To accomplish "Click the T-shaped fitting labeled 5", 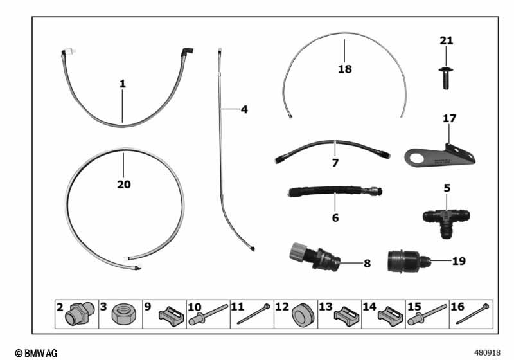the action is (x=446, y=220).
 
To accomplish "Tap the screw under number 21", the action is (x=446, y=77).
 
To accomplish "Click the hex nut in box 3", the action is (x=121, y=315).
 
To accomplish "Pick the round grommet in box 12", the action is (x=303, y=316).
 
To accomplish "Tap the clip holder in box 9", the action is (x=172, y=316).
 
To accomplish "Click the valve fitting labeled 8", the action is (x=315, y=257).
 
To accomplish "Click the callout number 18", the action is (x=345, y=69).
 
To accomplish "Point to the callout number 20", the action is (x=124, y=184).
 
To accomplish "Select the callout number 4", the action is (x=244, y=109).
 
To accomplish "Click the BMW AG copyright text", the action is (x=36, y=353).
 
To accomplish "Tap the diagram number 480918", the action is (x=488, y=353).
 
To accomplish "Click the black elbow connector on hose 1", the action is (x=187, y=53).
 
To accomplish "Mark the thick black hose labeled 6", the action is (x=334, y=192).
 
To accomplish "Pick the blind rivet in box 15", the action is (x=427, y=314).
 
